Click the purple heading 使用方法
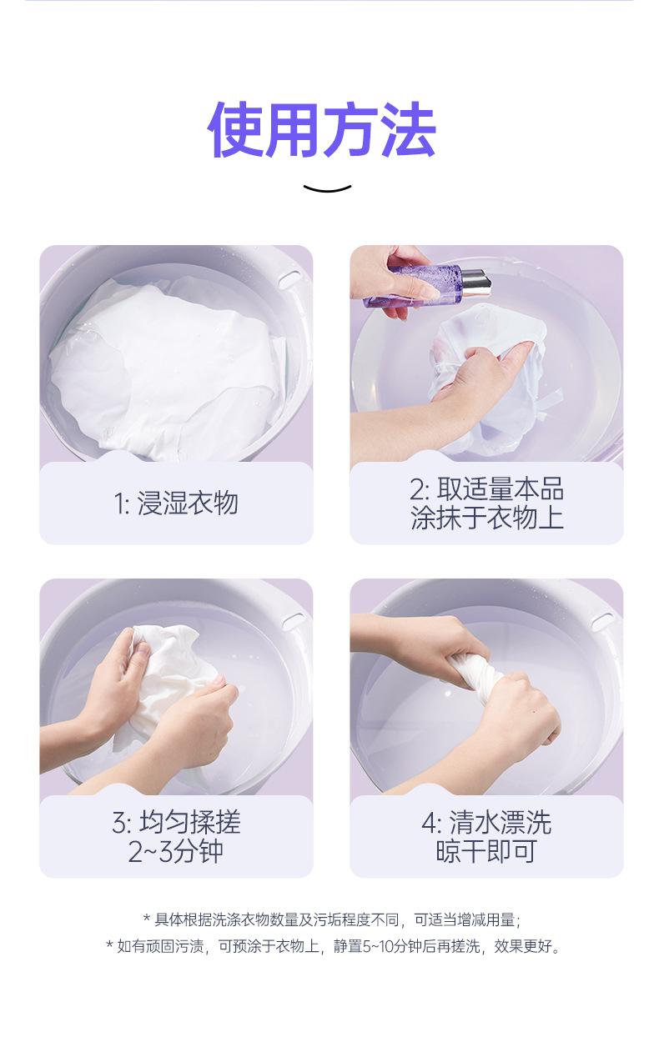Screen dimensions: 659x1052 coord(322,129)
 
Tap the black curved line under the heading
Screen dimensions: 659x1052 coord(327,189)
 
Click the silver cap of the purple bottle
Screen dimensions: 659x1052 coord(475,282)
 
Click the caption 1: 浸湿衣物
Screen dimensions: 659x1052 coord(176,504)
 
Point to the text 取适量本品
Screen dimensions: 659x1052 coord(501,489)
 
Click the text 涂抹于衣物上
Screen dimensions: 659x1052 coord(487,518)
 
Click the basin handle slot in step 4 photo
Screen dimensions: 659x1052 coord(602,621)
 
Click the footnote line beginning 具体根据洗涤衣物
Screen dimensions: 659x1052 coord(332,919)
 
